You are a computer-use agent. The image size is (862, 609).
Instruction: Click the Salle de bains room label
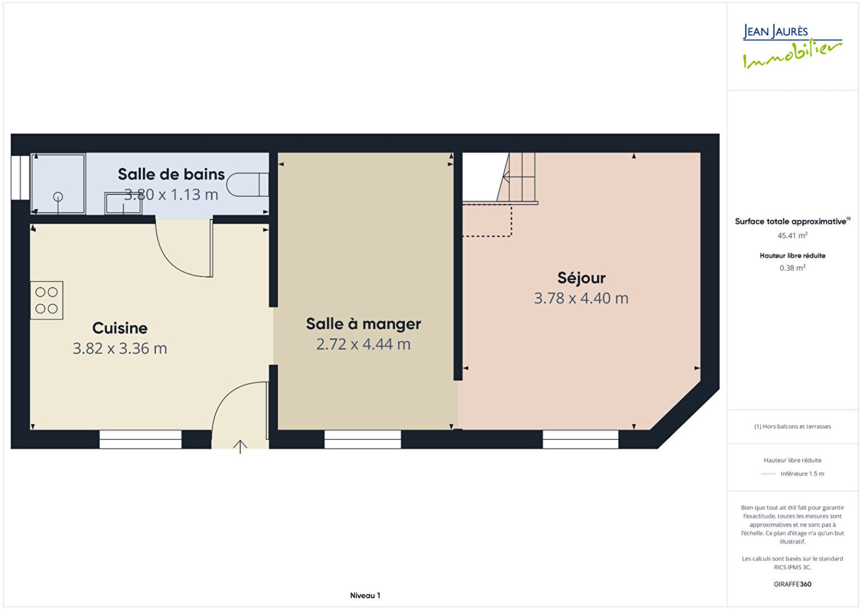[171, 175]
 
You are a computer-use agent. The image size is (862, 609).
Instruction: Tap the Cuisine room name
[120, 328]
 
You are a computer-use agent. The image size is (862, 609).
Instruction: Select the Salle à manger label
[363, 324]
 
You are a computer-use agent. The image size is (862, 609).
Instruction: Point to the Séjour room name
[581, 278]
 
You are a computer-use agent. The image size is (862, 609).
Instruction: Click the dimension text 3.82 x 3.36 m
[120, 348]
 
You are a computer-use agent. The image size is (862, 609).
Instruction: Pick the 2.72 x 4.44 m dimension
[363, 344]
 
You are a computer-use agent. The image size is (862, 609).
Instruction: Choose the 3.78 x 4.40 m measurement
[581, 299]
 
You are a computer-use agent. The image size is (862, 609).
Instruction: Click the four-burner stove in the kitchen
[46, 300]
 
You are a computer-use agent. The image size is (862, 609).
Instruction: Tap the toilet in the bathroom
[248, 185]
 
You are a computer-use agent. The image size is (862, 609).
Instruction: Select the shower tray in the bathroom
[58, 184]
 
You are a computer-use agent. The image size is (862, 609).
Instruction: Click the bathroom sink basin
[123, 204]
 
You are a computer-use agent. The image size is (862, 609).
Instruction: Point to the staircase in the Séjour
[517, 178]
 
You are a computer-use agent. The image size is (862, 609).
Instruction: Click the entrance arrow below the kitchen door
[240, 447]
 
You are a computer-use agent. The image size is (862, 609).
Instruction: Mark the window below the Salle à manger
[363, 439]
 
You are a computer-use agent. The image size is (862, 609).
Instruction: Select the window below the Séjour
[580, 439]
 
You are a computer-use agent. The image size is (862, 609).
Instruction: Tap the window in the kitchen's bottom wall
[141, 439]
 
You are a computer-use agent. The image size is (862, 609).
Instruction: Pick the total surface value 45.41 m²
[793, 235]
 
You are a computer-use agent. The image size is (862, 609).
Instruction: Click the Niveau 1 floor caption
[365, 596]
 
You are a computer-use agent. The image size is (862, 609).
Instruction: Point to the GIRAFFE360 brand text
[793, 584]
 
